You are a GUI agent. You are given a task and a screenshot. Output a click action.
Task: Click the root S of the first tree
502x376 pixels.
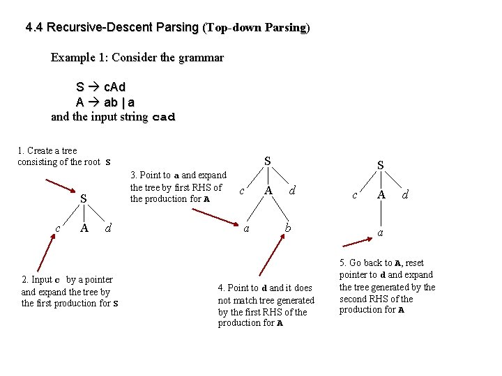(83, 199)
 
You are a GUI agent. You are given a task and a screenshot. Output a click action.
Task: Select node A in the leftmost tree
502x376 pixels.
(84, 227)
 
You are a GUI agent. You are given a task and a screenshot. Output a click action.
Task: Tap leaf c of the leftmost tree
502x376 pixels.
(58, 227)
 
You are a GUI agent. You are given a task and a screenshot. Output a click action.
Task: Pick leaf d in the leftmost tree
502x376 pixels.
(107, 227)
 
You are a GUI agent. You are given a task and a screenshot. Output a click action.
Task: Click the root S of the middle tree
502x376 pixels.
(268, 161)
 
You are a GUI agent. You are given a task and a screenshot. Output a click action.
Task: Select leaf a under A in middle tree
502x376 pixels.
(245, 227)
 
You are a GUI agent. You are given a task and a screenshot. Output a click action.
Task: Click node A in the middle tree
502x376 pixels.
(268, 190)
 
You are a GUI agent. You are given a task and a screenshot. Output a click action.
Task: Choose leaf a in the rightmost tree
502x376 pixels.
(381, 232)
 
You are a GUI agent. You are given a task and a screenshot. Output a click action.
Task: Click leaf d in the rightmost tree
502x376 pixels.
(405, 196)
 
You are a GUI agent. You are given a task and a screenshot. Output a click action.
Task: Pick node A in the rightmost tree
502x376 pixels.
(381, 196)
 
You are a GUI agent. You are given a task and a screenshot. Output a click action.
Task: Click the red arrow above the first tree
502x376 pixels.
(61, 186)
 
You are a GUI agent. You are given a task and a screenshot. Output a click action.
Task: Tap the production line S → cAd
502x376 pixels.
(100, 88)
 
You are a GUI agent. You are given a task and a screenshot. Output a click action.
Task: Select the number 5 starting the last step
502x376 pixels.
(342, 263)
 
